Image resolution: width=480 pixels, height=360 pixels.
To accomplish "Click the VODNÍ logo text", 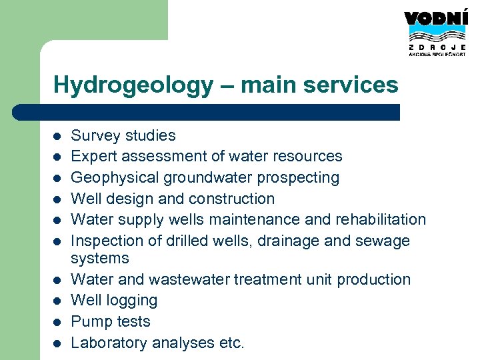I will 435,19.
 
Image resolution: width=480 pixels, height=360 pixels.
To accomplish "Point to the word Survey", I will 93,135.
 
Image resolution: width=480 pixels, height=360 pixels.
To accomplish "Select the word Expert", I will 93,157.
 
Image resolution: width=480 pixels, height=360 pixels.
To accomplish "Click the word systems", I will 100,258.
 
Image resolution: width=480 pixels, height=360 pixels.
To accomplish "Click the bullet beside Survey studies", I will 57,137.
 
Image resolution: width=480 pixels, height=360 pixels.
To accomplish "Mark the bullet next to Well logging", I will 57,301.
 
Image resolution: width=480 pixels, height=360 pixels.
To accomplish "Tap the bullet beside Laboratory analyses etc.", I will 57,343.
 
